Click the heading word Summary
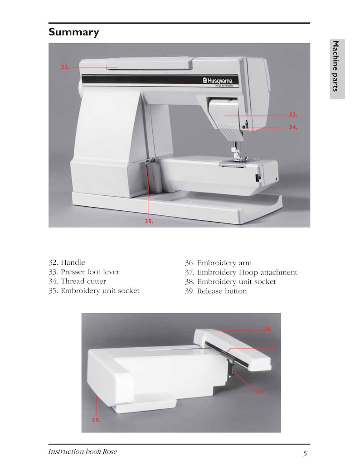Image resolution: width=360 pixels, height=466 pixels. click(x=73, y=32)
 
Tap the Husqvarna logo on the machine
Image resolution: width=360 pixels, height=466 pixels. click(x=217, y=81)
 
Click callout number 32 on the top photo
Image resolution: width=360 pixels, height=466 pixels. click(x=65, y=67)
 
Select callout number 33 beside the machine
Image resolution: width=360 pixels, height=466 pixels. click(x=293, y=115)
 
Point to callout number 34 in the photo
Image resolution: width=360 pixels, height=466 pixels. click(x=293, y=128)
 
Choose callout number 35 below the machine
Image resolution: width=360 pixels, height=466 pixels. click(x=149, y=222)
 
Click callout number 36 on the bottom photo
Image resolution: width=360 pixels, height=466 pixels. click(x=268, y=329)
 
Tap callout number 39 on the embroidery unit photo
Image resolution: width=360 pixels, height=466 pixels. click(x=95, y=420)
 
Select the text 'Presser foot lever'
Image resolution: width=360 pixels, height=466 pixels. click(x=90, y=272)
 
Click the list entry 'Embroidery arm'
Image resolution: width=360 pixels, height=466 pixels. click(x=224, y=263)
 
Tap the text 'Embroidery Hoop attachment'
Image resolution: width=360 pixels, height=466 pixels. click(x=247, y=272)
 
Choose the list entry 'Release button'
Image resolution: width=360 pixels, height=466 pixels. click(x=222, y=291)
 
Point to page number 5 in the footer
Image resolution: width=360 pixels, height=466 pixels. click(x=305, y=453)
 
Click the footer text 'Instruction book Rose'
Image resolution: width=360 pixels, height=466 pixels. click(x=83, y=451)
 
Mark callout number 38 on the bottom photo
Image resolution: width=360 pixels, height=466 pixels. click(x=259, y=392)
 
